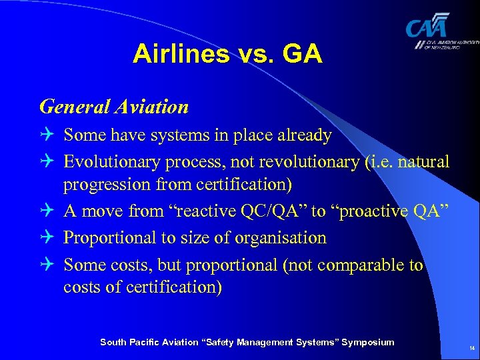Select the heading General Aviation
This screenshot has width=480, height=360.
click(x=114, y=106)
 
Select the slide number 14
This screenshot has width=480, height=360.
click(x=471, y=348)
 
